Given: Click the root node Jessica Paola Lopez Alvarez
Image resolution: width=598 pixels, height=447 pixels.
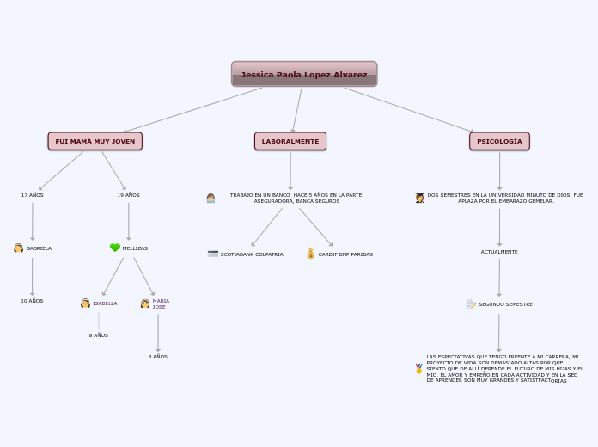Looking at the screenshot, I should coord(304,75).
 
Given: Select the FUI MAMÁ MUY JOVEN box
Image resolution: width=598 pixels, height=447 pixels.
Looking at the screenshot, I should coord(95,141).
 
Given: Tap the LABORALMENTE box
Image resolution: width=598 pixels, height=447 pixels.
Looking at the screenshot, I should coord(290,141).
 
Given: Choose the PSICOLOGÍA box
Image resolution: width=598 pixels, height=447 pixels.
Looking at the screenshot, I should coord(499,141).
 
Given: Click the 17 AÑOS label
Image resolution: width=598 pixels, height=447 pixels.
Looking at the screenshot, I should coord(33,195).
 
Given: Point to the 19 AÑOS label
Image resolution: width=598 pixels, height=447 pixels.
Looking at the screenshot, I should coord(129,195).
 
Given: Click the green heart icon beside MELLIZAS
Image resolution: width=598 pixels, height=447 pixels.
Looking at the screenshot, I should coord(115,248).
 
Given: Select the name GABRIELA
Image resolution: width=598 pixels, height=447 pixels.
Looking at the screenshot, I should coord(39,248).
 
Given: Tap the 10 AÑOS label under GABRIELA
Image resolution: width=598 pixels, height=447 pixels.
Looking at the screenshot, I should coord(32,301).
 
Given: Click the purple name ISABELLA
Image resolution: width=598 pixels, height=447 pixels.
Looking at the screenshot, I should coord(105,303).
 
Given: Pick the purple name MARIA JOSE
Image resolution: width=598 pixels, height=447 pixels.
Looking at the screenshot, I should coord(161,304).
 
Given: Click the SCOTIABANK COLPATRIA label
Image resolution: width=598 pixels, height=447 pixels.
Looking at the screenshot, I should coord(252,254).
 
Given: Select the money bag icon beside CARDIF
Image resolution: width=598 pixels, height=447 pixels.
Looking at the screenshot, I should coord(311,254).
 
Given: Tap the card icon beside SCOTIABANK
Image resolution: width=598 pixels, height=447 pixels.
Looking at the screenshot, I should coord(213,254).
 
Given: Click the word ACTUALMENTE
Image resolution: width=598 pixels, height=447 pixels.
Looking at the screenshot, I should coord(499,252).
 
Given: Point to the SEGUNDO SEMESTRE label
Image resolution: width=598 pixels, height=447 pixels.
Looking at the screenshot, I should coord(505,304).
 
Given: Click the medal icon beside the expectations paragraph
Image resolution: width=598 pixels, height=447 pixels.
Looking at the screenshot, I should coord(419,368).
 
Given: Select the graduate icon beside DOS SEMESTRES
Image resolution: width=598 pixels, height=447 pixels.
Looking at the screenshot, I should coord(420,198).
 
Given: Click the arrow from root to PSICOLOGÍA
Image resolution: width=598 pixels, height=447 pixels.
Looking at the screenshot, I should coord(408,109).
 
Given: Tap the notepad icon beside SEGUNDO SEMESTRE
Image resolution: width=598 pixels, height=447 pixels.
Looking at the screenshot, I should coord(471,303).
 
